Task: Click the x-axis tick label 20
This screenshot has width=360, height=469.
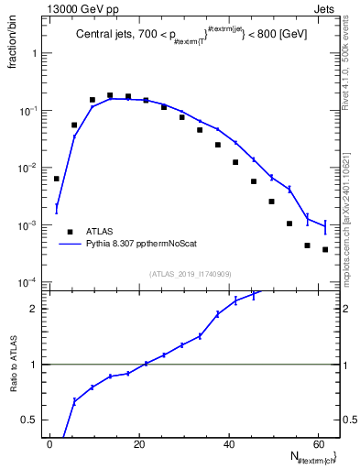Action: click(x=139, y=444)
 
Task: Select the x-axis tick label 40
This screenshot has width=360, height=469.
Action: click(x=229, y=444)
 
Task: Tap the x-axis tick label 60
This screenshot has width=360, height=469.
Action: click(x=318, y=444)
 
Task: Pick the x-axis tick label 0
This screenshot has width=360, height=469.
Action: click(x=49, y=444)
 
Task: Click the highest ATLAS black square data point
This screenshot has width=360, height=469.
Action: click(x=110, y=95)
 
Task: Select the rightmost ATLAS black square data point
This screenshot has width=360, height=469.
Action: click(x=325, y=249)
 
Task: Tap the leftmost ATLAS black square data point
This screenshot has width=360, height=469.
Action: click(x=57, y=179)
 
